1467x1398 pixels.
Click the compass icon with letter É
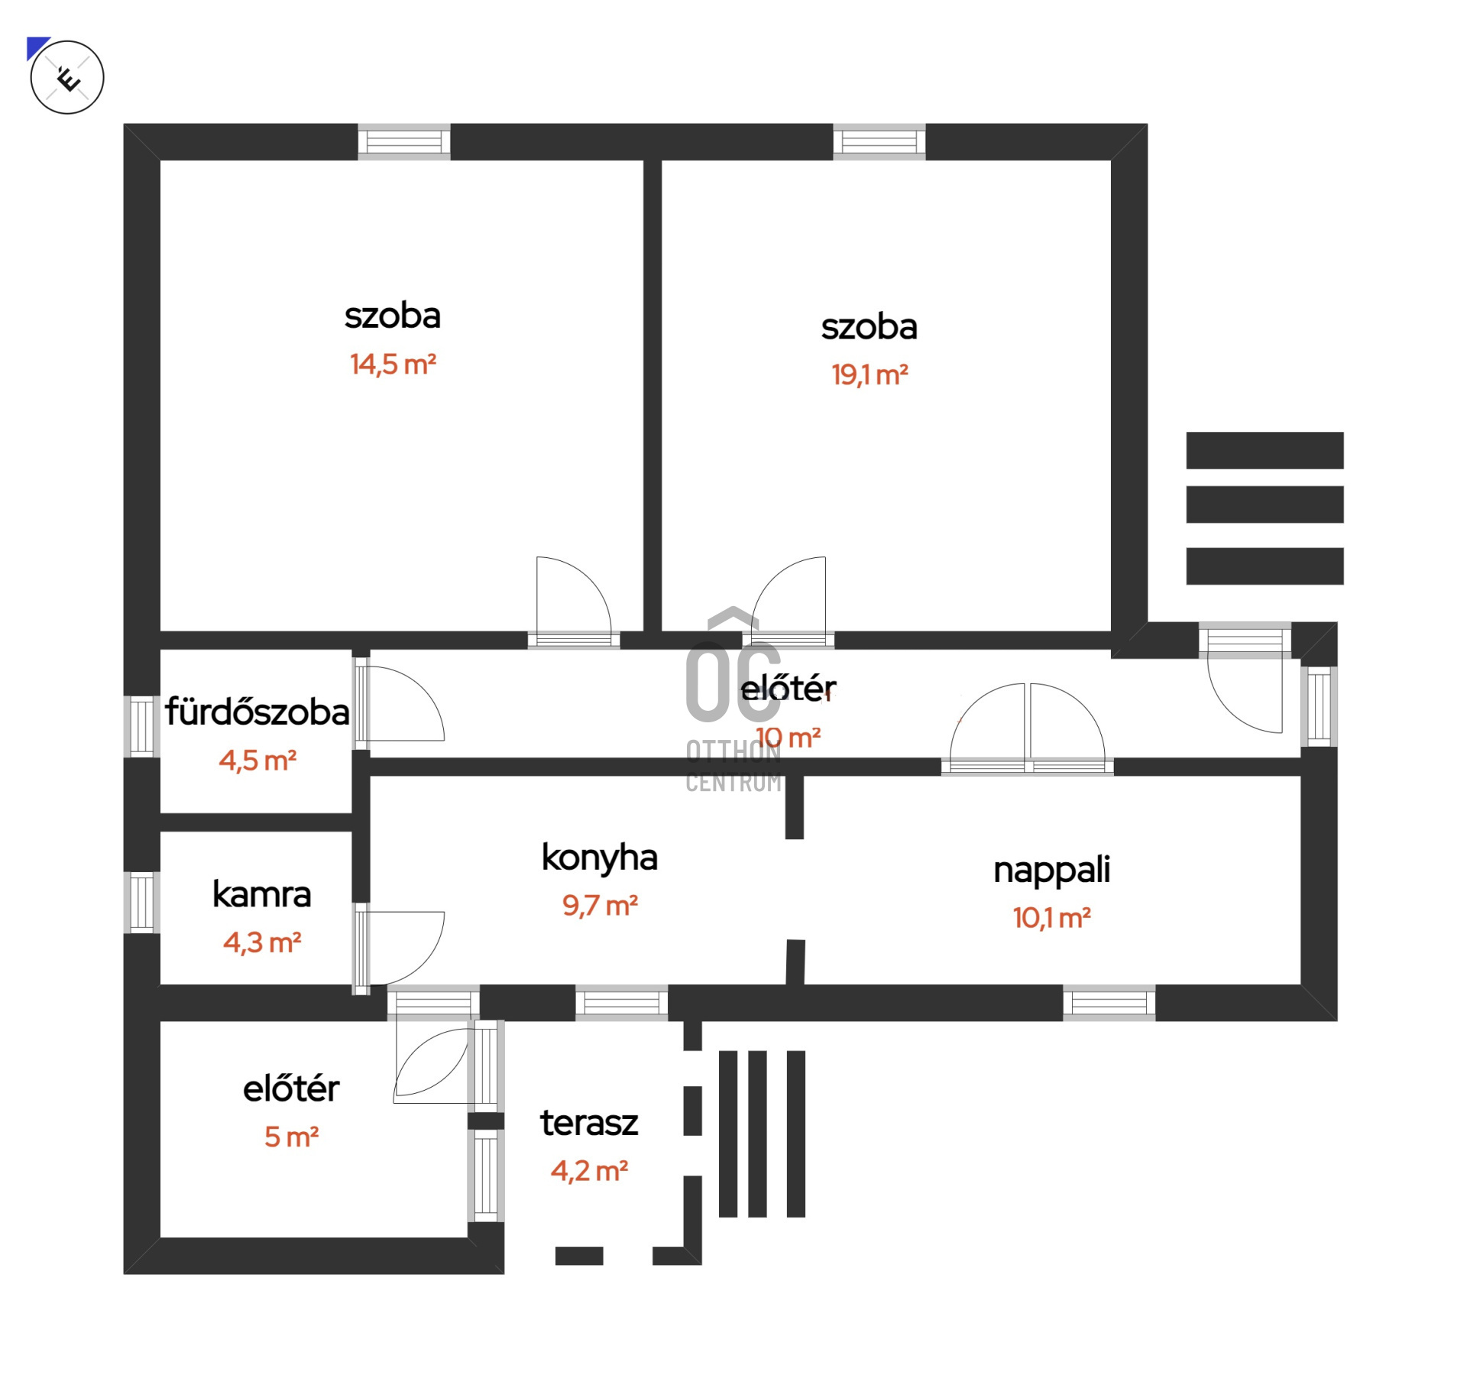67,77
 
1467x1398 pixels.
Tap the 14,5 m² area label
393,365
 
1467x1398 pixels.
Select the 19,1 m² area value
870,375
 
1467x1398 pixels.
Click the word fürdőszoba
257,712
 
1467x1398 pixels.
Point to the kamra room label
261,894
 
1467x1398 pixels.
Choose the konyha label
599,858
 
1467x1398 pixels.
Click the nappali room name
1051,870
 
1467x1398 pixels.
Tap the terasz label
589,1123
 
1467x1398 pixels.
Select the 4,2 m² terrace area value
589,1171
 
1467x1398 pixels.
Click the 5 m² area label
291,1137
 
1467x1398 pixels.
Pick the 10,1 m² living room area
1051,918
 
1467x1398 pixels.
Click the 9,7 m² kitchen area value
600,906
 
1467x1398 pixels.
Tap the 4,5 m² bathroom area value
257,761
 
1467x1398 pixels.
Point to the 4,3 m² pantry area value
262,942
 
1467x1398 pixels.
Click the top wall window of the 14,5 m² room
404,142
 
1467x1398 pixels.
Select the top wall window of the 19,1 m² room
879,142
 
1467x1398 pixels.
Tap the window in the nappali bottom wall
1109,1003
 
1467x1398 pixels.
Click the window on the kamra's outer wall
142,902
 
